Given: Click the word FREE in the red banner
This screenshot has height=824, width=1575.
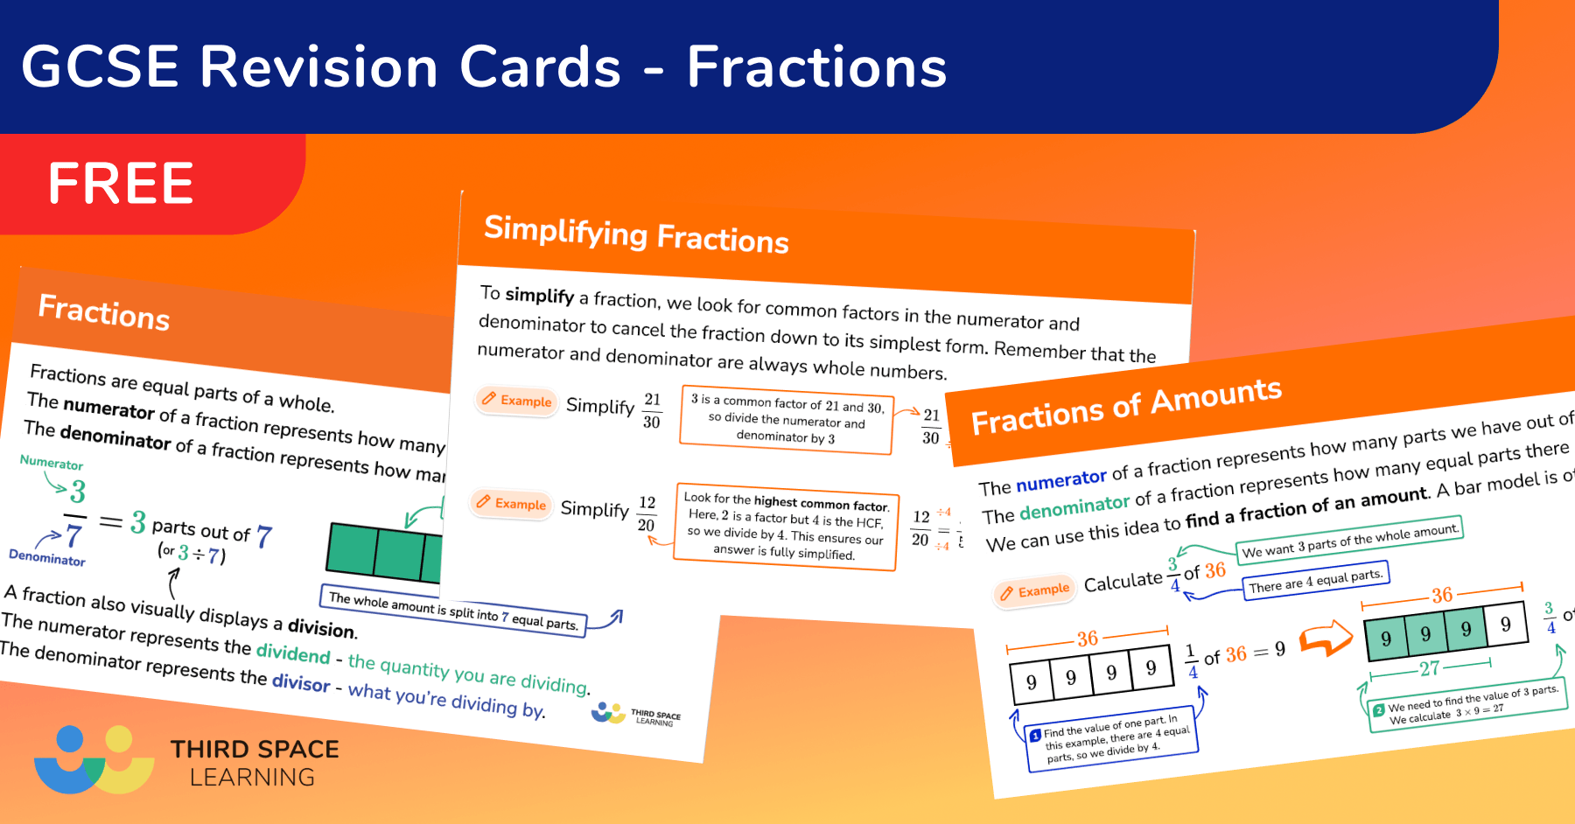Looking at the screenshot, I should tap(121, 183).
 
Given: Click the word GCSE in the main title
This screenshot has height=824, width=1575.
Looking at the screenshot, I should tap(100, 67).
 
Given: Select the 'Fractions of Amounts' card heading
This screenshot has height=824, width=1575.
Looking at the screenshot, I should tap(1126, 406).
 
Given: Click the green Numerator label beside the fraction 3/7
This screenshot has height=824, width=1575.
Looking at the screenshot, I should tap(52, 463).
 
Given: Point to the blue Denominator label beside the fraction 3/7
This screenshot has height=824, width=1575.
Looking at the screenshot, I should tap(46, 558).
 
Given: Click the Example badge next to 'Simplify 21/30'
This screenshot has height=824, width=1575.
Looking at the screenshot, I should tap(517, 401).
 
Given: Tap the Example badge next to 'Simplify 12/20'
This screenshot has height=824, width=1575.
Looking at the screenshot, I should tap(511, 503).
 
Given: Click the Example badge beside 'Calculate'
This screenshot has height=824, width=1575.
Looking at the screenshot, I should tap(1034, 591).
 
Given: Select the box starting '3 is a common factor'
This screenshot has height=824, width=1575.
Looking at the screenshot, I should tap(787, 419).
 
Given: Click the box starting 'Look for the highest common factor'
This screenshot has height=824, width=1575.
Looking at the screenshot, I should tap(786, 526).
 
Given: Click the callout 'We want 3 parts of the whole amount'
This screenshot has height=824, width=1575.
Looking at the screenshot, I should tap(1349, 540).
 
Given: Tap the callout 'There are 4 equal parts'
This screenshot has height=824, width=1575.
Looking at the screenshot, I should tap(1315, 581).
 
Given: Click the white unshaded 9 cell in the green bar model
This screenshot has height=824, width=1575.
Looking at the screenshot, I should tap(1505, 625).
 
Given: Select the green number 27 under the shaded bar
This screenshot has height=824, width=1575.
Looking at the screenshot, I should tap(1430, 669).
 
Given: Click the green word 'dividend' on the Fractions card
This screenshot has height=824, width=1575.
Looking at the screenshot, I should tap(293, 653).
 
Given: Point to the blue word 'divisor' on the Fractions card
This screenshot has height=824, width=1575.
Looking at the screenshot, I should tap(300, 682).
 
